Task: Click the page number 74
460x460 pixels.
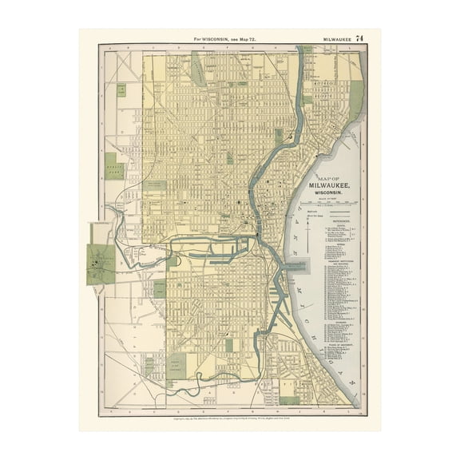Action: pos(359,38)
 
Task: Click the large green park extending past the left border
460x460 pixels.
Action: pos(101,264)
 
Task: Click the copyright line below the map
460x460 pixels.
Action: pos(229,418)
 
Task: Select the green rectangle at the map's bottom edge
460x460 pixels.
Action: pos(288,400)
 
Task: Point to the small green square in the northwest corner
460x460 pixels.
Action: pos(121,89)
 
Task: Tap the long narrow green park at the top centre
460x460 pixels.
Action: pos(198,68)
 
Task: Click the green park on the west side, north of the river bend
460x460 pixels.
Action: pos(115,165)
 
